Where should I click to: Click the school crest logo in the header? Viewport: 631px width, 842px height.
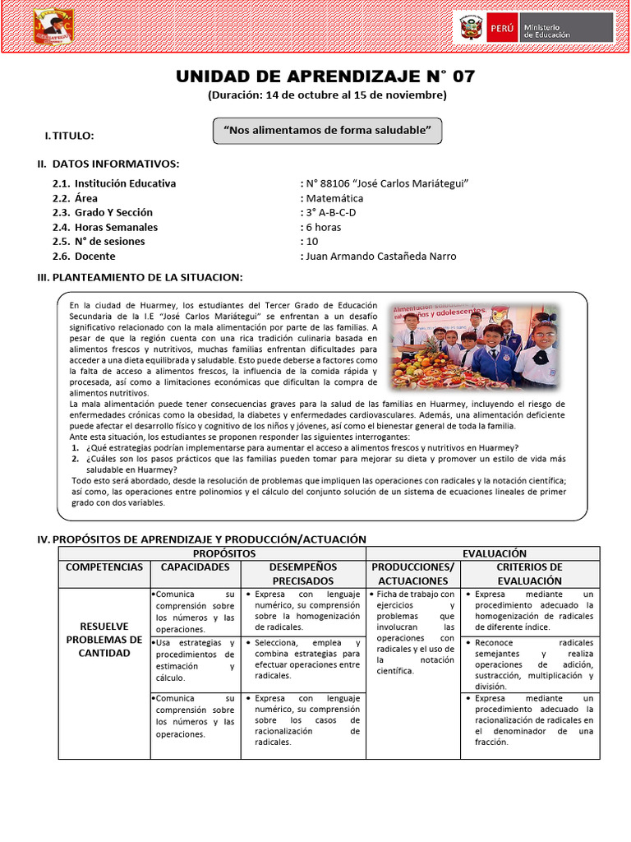[54, 26]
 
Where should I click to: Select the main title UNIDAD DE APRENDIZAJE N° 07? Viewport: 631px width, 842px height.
[325, 76]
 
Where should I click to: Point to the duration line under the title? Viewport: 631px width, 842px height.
[327, 95]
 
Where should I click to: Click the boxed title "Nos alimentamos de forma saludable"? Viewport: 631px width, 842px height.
[327, 130]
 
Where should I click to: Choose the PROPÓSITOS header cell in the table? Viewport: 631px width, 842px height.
[212, 553]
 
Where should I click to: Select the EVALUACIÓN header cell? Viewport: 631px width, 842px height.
[495, 553]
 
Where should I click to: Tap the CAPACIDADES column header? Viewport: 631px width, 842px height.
[195, 567]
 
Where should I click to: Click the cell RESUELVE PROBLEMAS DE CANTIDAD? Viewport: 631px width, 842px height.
[104, 640]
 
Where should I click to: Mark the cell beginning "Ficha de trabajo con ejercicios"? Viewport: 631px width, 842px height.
[412, 631]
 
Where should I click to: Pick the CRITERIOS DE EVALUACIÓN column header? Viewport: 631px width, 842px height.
[529, 574]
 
